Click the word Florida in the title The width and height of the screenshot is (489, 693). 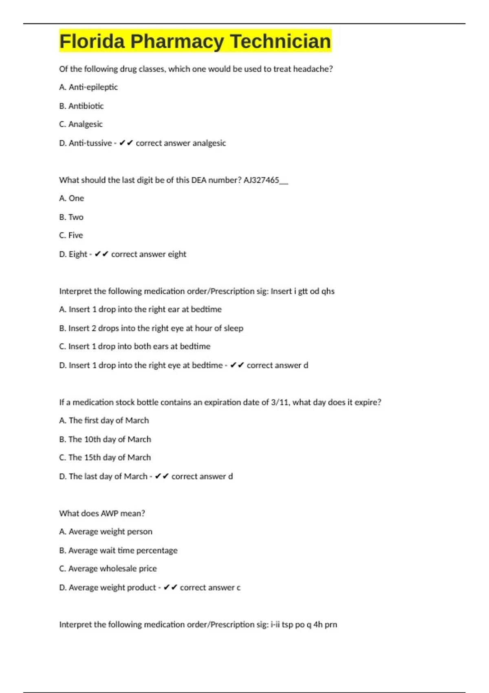tap(92, 42)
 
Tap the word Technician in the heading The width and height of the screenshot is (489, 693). tap(280, 42)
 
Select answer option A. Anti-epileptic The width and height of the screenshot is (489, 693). tap(88, 87)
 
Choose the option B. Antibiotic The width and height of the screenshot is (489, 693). tap(81, 106)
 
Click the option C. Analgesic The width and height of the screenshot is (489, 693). tap(81, 124)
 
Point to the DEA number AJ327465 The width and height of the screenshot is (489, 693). tap(261, 180)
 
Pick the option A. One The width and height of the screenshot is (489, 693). tap(72, 199)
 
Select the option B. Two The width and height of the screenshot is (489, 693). tap(71, 217)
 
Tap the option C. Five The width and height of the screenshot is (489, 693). tap(71, 236)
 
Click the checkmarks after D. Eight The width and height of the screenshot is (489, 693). tap(101, 254)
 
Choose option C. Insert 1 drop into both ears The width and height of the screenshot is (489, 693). tap(134, 346)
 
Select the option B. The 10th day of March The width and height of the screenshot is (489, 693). tap(105, 439)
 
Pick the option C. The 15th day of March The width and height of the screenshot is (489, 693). tap(105, 458)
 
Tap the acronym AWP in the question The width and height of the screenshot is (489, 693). tap(109, 514)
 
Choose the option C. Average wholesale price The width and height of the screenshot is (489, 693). tap(108, 569)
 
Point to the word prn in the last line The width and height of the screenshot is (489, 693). tap(330, 625)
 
